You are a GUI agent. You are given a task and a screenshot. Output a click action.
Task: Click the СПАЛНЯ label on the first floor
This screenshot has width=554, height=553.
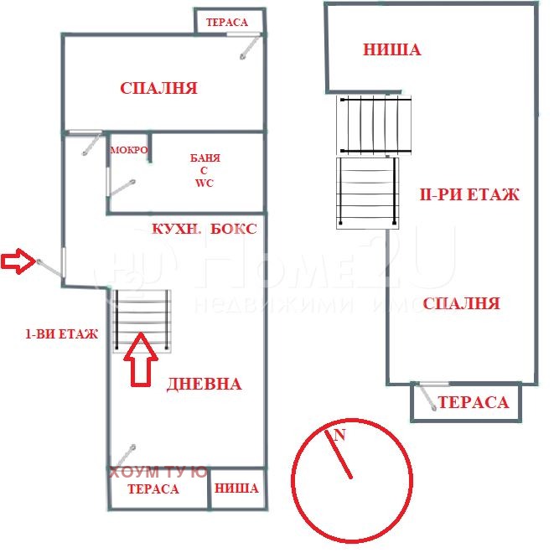click(x=158, y=88)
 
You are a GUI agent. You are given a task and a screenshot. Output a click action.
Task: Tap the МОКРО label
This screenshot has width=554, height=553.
click(x=129, y=151)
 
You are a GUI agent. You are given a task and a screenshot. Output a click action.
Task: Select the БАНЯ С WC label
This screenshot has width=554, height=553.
click(x=205, y=170)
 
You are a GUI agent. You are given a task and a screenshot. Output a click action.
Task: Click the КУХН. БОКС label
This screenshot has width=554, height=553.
click(x=203, y=228)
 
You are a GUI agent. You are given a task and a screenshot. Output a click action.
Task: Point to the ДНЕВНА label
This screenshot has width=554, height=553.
click(x=204, y=384)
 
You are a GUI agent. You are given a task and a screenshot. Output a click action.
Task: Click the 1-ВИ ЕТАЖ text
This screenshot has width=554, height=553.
click(x=61, y=333)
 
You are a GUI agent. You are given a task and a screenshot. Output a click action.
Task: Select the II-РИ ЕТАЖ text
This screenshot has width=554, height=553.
click(x=469, y=195)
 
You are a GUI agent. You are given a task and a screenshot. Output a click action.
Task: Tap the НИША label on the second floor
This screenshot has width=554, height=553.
click(x=391, y=50)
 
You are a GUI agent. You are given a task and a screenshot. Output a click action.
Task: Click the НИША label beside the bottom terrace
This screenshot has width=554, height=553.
click(x=237, y=488)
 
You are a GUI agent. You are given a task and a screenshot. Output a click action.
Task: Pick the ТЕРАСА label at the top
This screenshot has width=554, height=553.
click(x=227, y=22)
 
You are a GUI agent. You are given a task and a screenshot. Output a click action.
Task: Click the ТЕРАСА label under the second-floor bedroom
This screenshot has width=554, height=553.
click(x=474, y=403)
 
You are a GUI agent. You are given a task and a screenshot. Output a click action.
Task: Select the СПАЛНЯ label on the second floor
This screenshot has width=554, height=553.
click(x=461, y=303)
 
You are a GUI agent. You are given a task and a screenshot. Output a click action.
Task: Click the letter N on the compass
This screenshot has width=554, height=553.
click(x=339, y=435)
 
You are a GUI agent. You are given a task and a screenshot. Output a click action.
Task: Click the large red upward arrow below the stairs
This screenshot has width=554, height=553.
click(x=141, y=359)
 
